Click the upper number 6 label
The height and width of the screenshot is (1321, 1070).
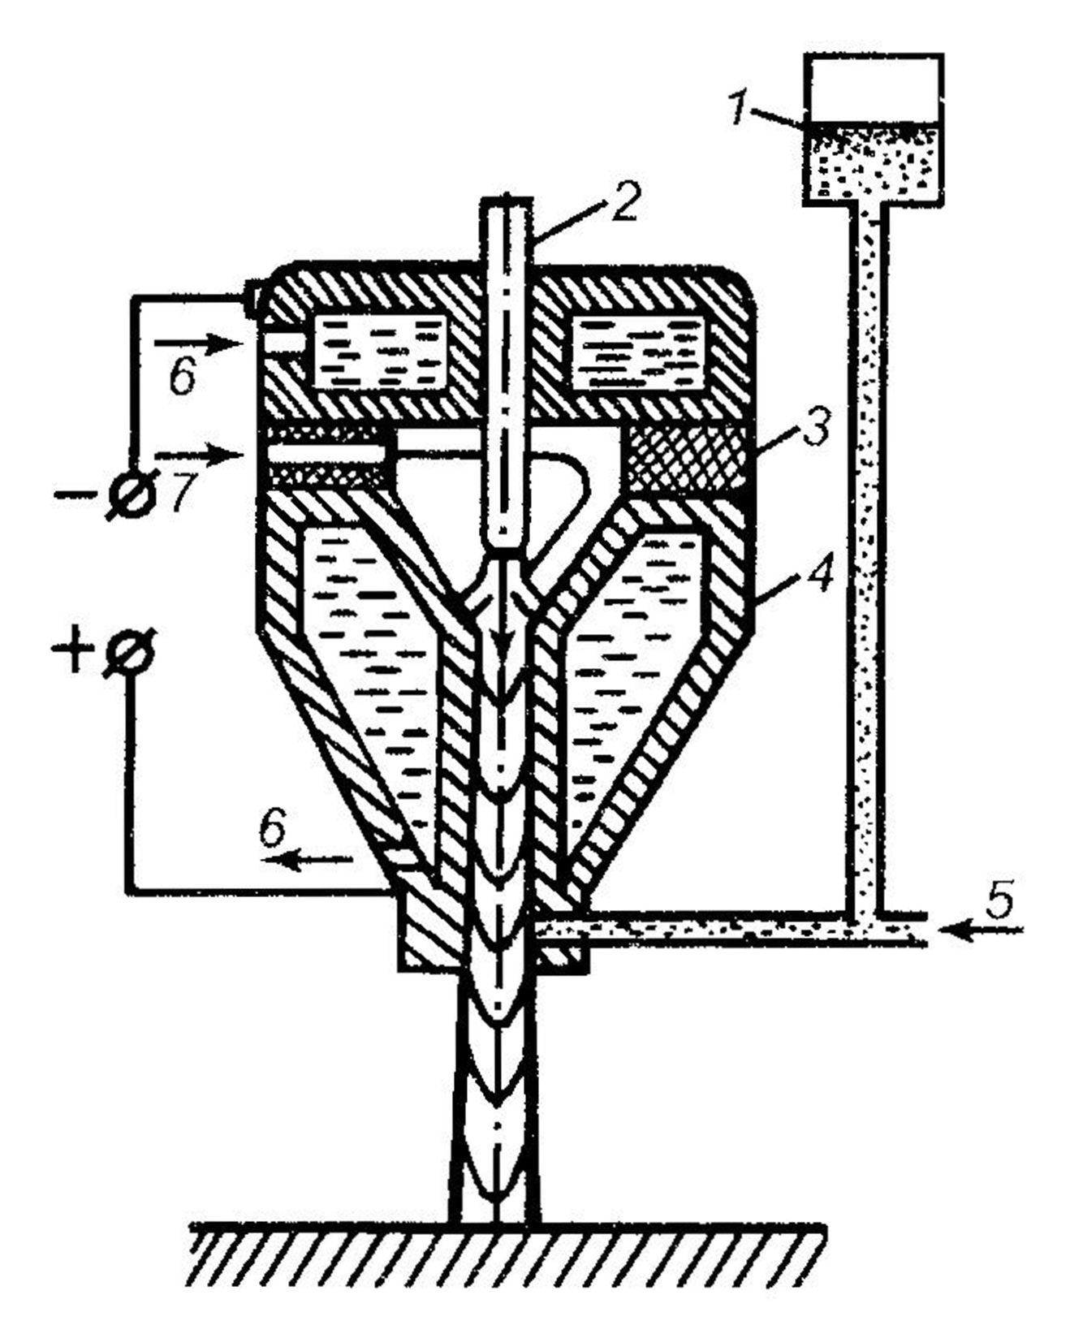coord(182,377)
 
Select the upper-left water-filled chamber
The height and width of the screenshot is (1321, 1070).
coord(379,351)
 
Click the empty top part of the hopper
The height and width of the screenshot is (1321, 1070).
coord(873,88)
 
